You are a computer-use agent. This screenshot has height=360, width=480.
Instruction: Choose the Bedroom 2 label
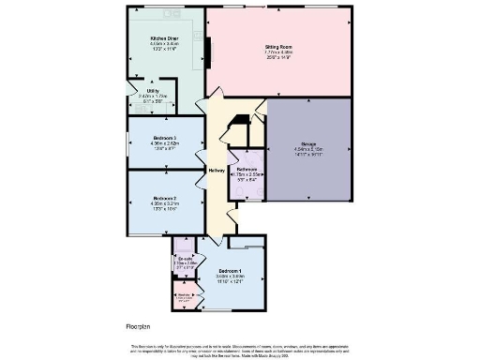(165, 199)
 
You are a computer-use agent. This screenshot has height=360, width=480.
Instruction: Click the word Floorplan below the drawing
(140, 326)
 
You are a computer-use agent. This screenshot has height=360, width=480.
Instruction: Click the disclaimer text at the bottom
(240, 350)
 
